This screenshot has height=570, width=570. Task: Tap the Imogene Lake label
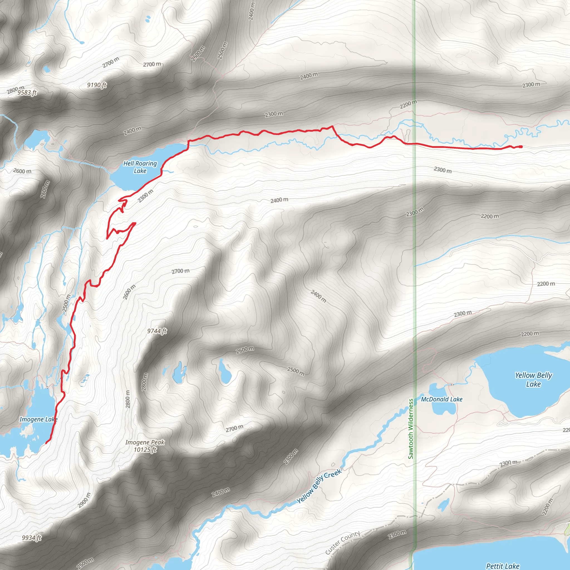[x=38, y=419]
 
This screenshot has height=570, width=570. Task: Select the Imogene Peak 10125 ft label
[x=145, y=446]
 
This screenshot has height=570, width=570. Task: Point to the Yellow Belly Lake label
[x=534, y=379]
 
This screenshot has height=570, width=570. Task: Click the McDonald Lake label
[x=441, y=399]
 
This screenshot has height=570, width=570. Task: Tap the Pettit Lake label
[x=502, y=566]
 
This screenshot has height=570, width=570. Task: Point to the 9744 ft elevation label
[x=157, y=331]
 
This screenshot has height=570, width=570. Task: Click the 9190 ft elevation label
[x=97, y=85]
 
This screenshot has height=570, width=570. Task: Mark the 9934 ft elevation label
[x=31, y=538]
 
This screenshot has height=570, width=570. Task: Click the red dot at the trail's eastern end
[x=521, y=147]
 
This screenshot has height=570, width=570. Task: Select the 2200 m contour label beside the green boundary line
[x=409, y=104]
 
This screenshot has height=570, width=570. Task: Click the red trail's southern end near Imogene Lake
[x=46, y=443]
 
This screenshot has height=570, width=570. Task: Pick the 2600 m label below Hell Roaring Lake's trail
[x=129, y=292]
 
